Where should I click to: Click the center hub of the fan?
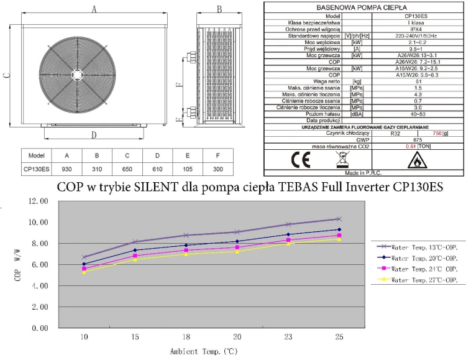pos(76,72)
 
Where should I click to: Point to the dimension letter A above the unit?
pos(94,9)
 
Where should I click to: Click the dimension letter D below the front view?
pos(94,134)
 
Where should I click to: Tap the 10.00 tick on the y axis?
pos(34,222)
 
